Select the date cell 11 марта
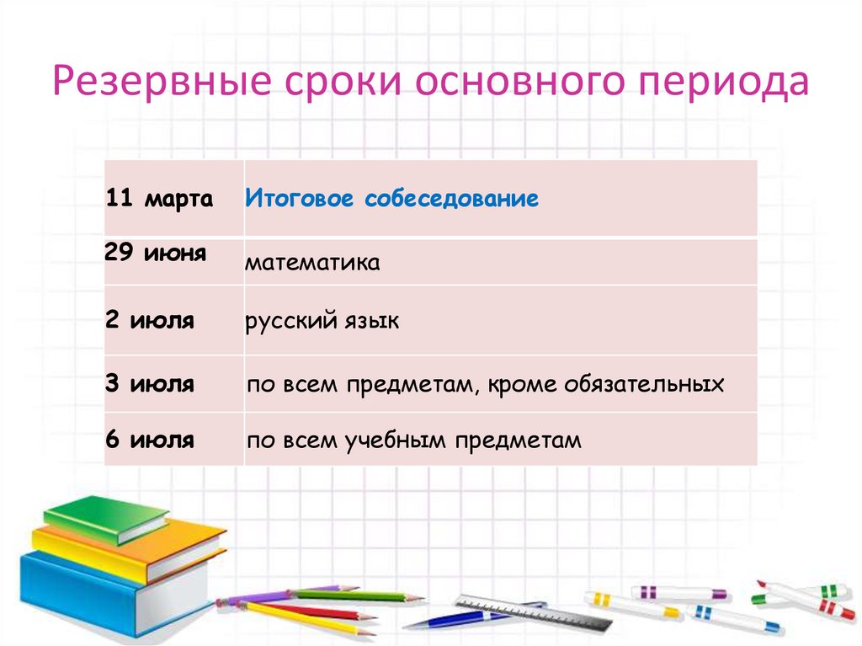pos(160,200)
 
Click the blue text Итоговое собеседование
pos(392,200)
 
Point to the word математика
pos(313,264)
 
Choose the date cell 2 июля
pos(151,321)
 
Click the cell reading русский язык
pos(322,322)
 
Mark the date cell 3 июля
pos(151,385)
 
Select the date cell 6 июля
pos(151,439)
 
